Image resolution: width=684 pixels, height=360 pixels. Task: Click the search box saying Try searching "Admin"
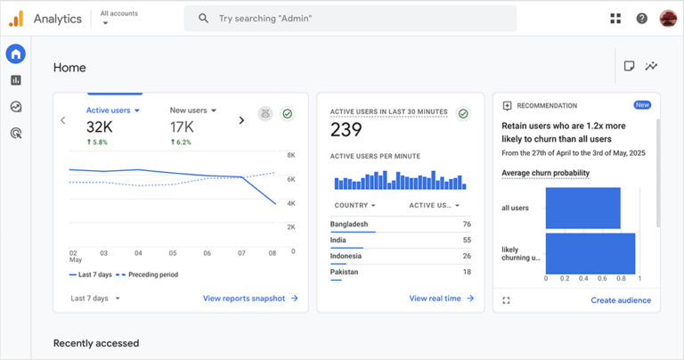349,18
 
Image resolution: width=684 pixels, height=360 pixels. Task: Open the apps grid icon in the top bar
615,18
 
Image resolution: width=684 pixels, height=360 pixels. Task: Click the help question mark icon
641,18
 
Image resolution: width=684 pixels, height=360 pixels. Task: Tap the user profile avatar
668,18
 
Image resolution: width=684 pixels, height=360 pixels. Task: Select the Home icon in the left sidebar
15,53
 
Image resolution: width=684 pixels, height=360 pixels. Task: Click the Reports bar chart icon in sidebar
15,80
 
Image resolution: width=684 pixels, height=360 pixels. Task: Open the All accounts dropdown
118,18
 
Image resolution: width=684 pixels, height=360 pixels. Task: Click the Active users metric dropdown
113,110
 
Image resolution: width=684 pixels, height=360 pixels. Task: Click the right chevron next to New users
241,120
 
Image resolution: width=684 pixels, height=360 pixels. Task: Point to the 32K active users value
99,127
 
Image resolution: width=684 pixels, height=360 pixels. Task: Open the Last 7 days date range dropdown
95,299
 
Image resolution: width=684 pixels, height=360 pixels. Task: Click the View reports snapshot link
250,299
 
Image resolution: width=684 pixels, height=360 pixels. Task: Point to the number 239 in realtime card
346,130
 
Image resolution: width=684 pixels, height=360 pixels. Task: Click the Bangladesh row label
349,224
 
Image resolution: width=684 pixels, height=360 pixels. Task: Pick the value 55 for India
467,240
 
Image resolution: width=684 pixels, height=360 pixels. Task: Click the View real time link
441,299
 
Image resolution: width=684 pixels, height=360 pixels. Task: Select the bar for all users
582,208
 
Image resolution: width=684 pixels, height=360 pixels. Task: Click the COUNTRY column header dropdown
354,205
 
